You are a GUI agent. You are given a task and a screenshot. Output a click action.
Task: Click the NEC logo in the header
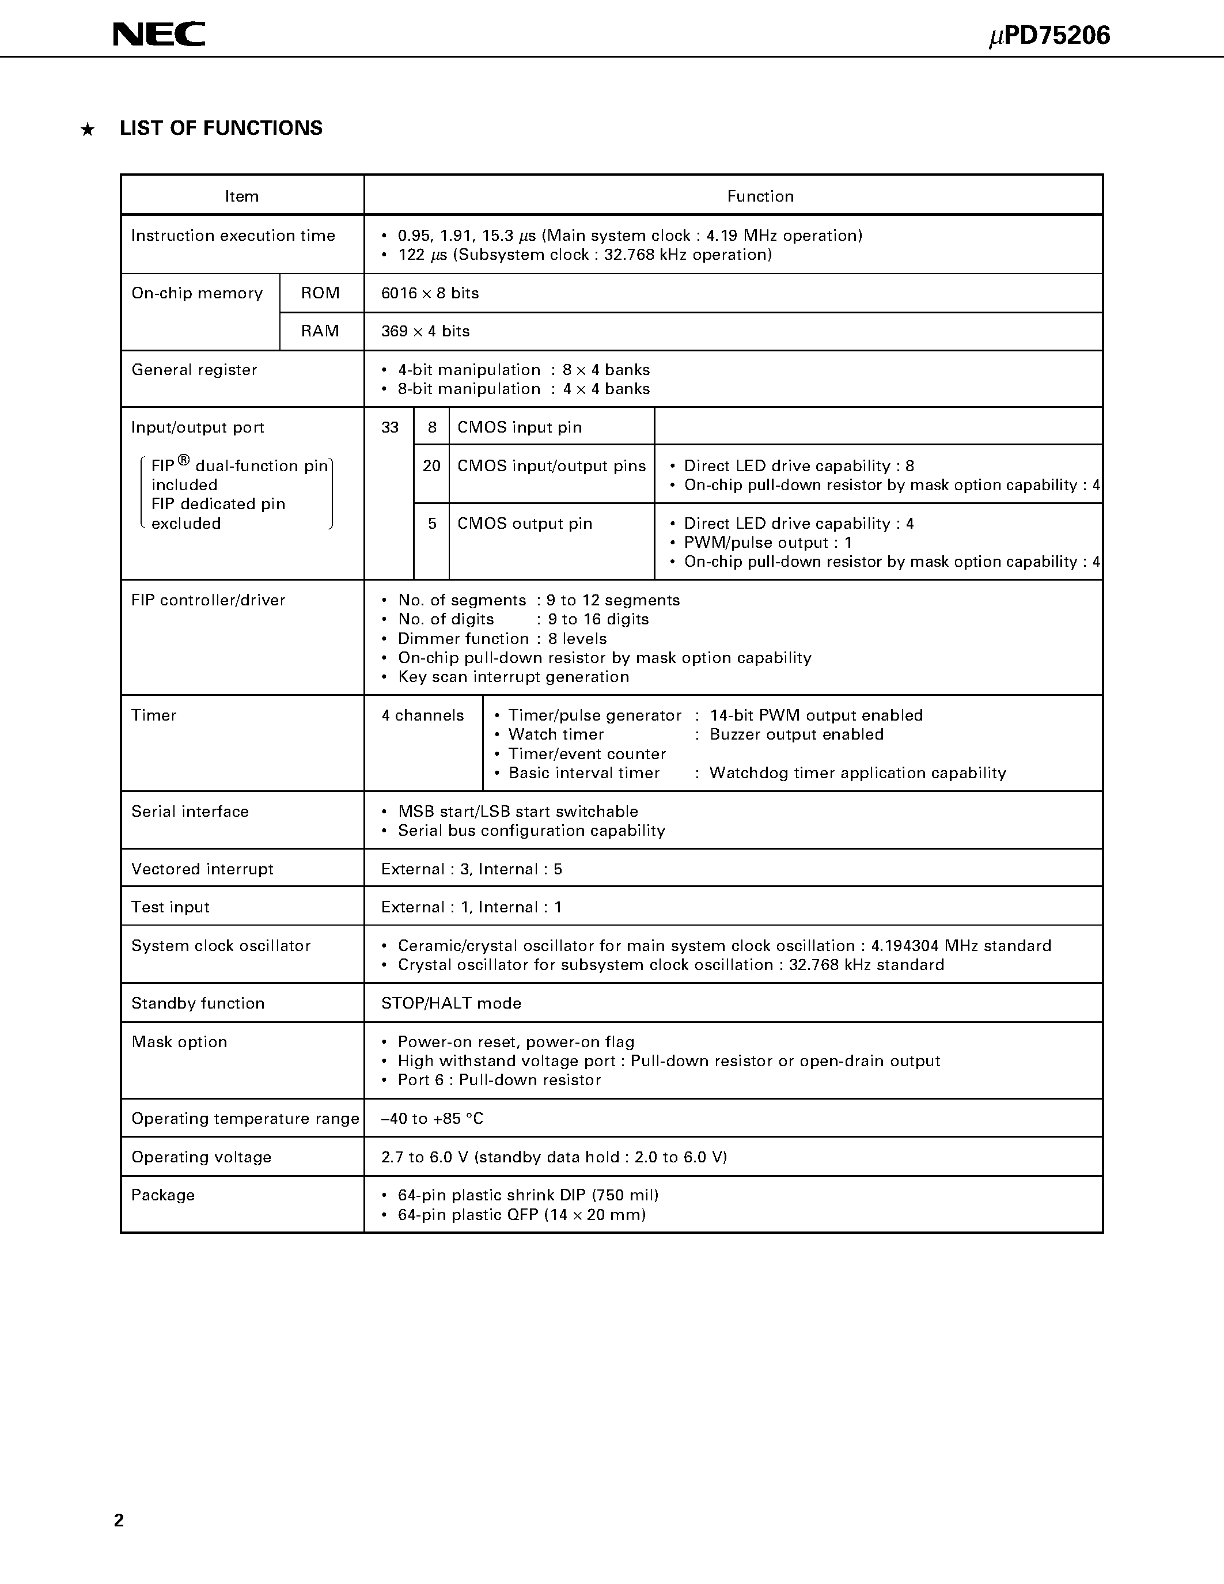tap(159, 34)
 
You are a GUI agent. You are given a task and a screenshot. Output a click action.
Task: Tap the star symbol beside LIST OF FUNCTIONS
tap(88, 130)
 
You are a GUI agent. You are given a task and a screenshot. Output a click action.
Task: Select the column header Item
tap(241, 196)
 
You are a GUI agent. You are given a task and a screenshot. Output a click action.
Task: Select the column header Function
tap(760, 196)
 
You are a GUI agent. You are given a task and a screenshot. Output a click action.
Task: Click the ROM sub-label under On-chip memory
tap(320, 293)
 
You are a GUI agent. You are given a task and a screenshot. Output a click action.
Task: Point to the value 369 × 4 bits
tap(426, 331)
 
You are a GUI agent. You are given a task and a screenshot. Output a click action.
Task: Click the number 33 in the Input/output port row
tap(390, 428)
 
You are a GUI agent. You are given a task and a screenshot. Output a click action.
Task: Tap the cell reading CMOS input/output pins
tap(551, 467)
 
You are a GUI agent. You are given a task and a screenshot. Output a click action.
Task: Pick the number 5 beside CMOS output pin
tap(432, 524)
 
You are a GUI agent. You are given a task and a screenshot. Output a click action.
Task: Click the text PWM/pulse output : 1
tap(768, 543)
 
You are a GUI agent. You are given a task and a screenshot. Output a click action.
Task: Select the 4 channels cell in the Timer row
tap(423, 716)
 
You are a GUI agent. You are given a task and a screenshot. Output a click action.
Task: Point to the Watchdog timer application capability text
tap(857, 773)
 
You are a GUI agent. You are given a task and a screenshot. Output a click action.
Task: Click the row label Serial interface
tap(190, 812)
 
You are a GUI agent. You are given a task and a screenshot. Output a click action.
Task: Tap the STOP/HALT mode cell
tap(451, 1004)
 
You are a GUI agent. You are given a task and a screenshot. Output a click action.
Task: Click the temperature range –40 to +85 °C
tap(432, 1119)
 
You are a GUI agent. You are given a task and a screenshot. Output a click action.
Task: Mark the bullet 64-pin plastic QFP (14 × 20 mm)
tap(521, 1215)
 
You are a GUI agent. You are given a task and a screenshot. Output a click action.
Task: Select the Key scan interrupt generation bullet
tap(513, 677)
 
